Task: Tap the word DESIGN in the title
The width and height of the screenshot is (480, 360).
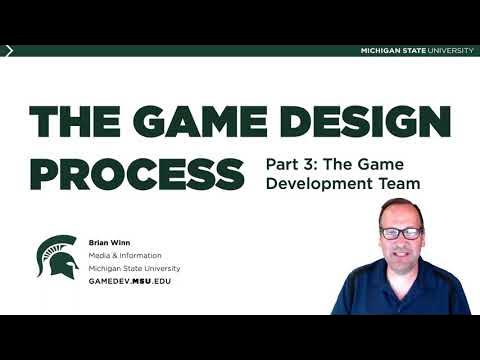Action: [x=365, y=122]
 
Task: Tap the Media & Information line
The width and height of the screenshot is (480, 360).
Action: [x=126, y=254]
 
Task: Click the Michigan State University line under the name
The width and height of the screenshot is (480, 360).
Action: [x=134, y=268]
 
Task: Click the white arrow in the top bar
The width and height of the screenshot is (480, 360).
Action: [x=9, y=51]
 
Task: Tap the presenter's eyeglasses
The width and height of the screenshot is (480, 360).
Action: [x=400, y=233]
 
